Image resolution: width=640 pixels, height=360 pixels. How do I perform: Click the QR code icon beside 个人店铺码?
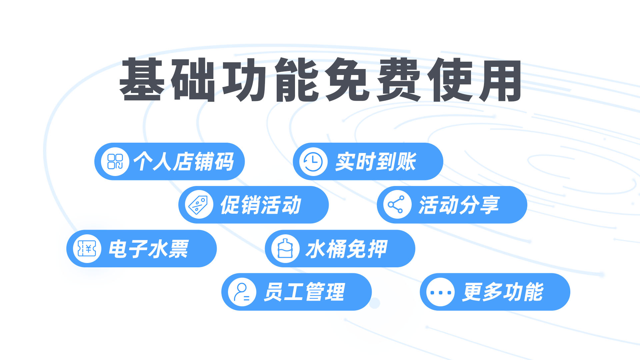coord(115,162)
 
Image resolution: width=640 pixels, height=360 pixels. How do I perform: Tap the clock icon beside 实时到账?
coord(313,162)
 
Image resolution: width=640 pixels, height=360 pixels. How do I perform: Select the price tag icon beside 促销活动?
coord(199,205)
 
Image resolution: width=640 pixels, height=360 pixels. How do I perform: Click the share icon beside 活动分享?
coord(397,205)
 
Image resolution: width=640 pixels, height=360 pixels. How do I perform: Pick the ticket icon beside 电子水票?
coord(87,249)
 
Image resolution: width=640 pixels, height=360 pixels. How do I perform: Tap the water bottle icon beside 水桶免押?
coord(285,249)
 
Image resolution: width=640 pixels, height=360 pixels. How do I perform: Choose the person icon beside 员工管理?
coord(242,292)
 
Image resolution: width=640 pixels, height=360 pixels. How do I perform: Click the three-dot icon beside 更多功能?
coord(440,292)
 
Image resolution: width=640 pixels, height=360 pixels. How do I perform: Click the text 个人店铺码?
coord(184,162)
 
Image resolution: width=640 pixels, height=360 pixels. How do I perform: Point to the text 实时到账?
coord(376,162)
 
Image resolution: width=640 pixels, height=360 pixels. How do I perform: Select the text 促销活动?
coord(261,205)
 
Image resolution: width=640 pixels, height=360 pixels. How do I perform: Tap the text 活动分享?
coord(459,205)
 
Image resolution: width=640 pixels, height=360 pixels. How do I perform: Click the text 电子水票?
coord(149,249)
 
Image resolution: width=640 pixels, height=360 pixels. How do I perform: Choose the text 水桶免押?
coord(346,249)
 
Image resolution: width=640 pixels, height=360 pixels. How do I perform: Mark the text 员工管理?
coord(304,292)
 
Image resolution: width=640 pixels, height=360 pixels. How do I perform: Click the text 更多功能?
coord(502,292)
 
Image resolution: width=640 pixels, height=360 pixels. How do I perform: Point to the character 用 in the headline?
coord(500,80)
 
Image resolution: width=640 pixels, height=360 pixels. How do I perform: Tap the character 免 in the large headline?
coord(347,80)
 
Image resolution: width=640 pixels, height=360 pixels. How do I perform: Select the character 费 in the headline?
coord(398,80)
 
